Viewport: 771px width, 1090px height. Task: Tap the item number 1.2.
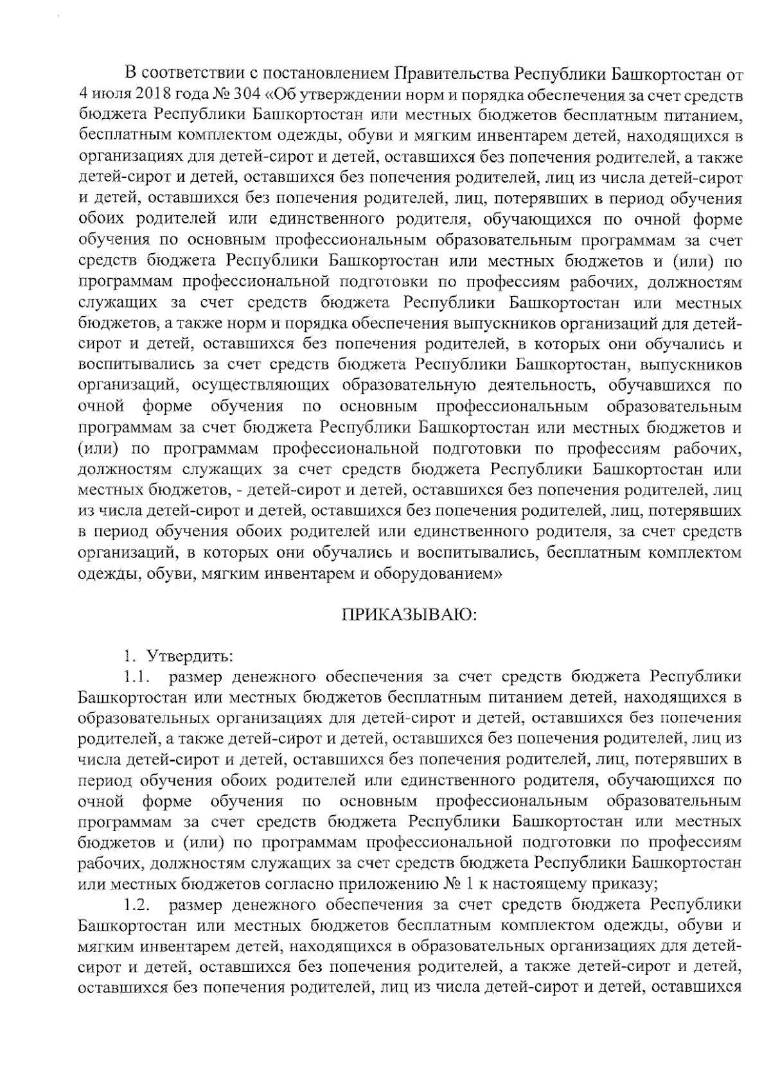(x=136, y=906)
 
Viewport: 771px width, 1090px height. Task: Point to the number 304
(x=246, y=94)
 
